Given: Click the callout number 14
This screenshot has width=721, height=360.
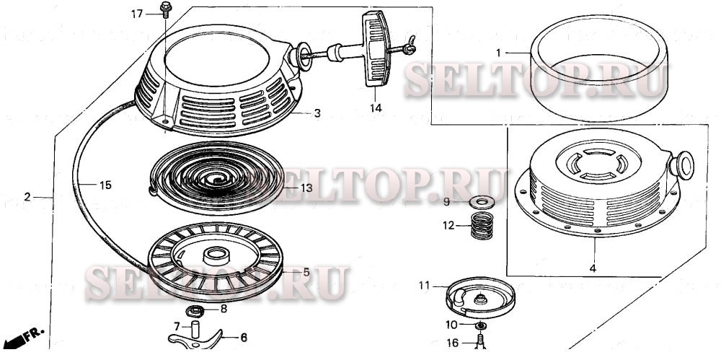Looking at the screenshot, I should click(376, 108).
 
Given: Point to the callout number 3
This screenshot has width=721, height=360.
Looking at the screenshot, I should click(317, 114).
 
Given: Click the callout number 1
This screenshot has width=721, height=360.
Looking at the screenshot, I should click(497, 52).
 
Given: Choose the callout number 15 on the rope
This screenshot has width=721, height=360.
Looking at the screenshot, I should click(105, 185).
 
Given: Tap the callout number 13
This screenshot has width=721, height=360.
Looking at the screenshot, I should click(307, 188).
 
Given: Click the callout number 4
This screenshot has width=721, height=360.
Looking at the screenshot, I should click(593, 268).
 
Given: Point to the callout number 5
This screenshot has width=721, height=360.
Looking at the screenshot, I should click(306, 272).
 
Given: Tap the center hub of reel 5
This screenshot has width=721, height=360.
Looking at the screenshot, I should click(215, 254).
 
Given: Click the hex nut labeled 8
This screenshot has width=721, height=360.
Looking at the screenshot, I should click(193, 312).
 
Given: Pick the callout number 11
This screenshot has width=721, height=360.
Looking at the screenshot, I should click(423, 286).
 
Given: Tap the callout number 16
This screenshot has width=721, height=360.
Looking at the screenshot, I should click(451, 343).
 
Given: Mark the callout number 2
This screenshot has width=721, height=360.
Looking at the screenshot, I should click(27, 196).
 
